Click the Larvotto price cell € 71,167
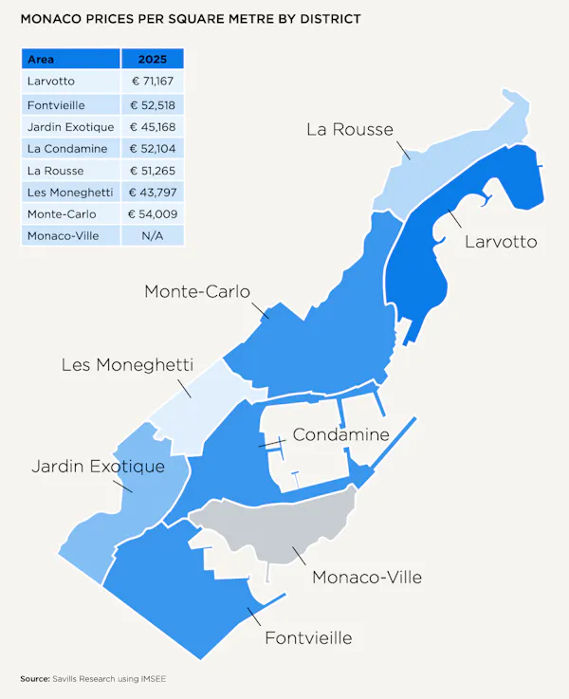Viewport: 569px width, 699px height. point(152,82)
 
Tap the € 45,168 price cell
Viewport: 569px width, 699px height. point(152,127)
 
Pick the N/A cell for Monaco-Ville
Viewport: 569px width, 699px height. point(152,236)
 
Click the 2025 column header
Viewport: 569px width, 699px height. point(152,59)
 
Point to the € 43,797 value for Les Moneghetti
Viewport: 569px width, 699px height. point(152,193)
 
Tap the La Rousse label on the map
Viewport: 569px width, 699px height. point(349,130)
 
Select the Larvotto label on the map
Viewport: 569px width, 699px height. point(500,242)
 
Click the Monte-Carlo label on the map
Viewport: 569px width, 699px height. point(197,291)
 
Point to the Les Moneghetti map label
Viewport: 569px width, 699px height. point(127,364)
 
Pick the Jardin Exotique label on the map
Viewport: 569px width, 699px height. point(98,467)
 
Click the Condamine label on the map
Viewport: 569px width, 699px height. point(340,435)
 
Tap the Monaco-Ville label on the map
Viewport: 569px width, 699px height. point(366,578)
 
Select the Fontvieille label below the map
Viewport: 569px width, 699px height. point(308,637)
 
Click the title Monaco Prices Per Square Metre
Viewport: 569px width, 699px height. point(190,19)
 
